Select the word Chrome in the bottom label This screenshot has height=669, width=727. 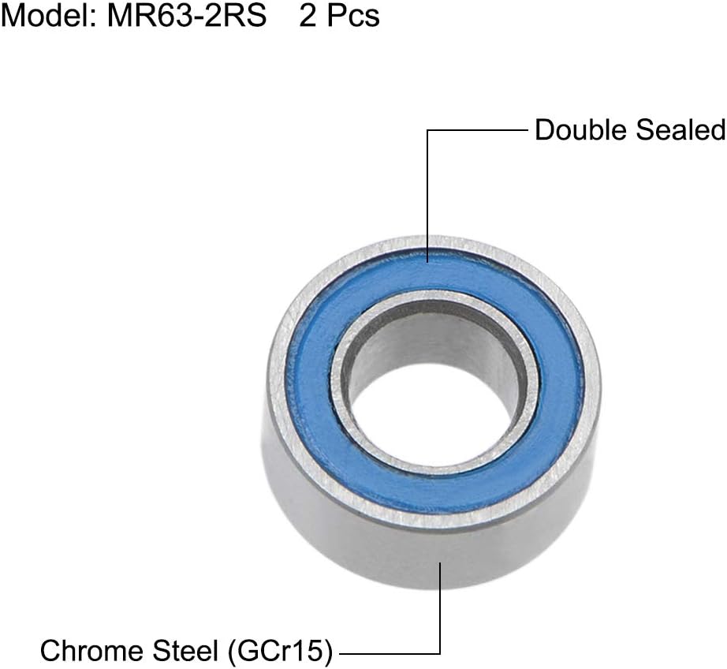(88, 651)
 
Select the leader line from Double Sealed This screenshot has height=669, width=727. (481, 131)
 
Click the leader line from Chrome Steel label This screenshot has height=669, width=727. (439, 615)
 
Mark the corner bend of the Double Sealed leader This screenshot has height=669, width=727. (427, 131)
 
